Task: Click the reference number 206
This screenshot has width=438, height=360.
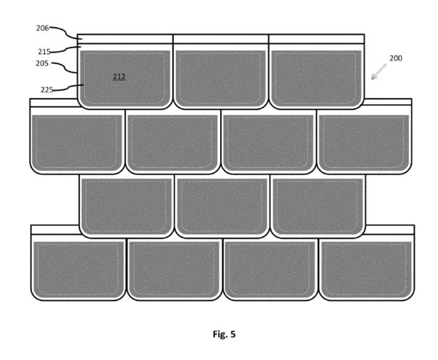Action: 42,28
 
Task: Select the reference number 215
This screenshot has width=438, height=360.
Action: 44,52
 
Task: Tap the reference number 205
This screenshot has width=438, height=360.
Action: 42,63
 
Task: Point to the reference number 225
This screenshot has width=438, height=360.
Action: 47,90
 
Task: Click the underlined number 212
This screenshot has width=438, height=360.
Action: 119,76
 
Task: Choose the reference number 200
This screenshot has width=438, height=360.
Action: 396,58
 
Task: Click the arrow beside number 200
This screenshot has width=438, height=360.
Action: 379,72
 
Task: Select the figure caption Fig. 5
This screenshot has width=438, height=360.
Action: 224,334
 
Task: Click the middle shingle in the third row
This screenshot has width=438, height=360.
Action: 222,206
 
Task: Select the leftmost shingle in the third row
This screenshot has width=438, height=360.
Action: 127,206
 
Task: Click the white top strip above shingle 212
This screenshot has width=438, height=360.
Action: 125,39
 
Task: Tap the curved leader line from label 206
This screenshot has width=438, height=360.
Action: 67,33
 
